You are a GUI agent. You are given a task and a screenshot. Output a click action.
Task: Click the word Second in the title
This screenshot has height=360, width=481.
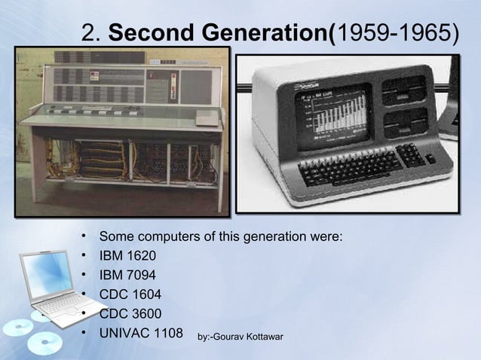[x=146, y=32]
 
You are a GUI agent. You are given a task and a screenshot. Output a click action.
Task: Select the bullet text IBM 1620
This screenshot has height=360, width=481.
[x=127, y=256]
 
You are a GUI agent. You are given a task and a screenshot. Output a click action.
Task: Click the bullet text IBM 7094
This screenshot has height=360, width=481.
[x=127, y=275]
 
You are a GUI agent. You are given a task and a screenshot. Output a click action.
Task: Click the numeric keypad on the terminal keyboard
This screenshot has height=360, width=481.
[x=412, y=155]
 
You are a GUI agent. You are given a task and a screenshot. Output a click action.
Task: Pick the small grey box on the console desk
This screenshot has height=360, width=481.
[x=206, y=119]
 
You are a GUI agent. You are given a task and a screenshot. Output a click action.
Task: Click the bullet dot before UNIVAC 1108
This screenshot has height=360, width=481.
[x=89, y=331]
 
